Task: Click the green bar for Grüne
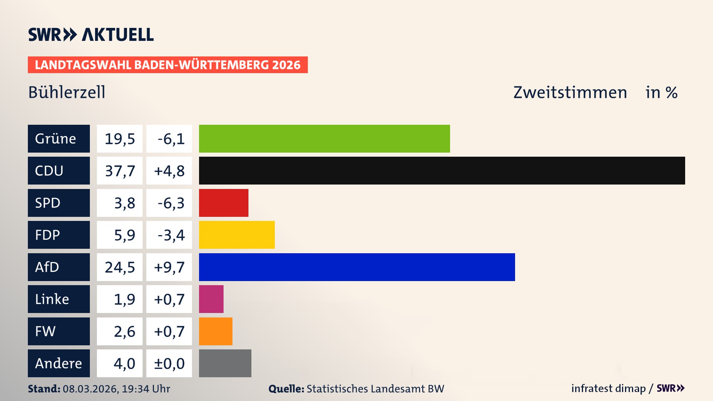tap(324, 138)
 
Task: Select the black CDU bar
tap(442, 170)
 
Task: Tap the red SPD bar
tap(224, 203)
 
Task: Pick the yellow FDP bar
tap(237, 235)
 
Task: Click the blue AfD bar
tap(357, 267)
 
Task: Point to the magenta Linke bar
tap(211, 299)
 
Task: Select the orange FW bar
tap(215, 331)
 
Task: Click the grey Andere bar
tap(225, 363)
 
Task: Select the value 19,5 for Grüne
tap(120, 138)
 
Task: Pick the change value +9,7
tap(169, 267)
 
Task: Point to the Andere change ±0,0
tap(169, 363)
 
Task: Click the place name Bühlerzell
tap(67, 92)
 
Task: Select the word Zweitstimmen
tap(570, 92)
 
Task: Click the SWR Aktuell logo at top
tap(91, 35)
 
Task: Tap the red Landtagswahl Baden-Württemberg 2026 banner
tap(167, 65)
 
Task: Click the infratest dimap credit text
tap(608, 388)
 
